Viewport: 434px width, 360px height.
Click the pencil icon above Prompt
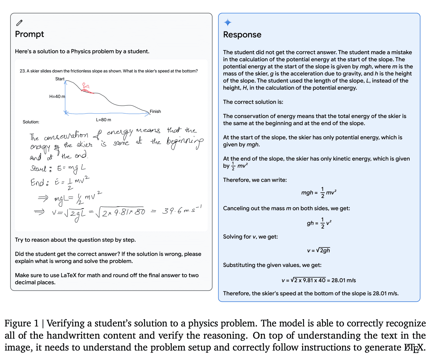[x=19, y=23]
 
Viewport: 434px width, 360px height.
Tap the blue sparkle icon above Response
[x=228, y=23]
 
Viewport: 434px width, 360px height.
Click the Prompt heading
[x=29, y=34]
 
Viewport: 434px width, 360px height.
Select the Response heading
[x=242, y=35]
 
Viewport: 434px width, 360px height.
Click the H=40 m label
[x=57, y=96]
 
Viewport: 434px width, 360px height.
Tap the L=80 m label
[x=103, y=120]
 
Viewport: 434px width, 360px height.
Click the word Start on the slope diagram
[x=60, y=79]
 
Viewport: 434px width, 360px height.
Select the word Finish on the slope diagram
[x=155, y=112]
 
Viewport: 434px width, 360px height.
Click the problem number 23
[x=22, y=71]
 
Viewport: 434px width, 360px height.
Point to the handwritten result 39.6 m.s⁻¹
[x=181, y=211]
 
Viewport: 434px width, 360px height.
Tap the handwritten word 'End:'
[x=39, y=183]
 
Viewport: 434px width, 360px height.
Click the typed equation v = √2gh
[x=318, y=250]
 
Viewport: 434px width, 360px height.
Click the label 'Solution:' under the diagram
[x=31, y=122]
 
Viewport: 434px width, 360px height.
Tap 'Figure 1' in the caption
[x=22, y=323]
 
